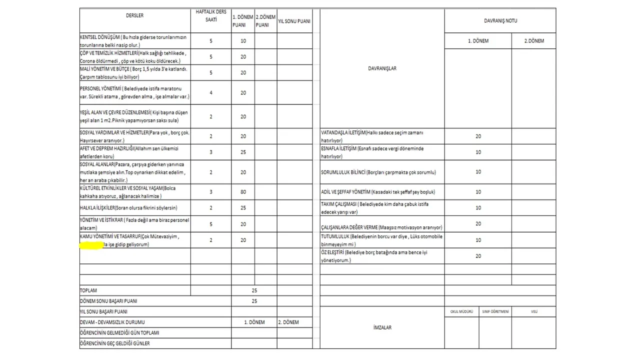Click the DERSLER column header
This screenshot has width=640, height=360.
pos(134,15)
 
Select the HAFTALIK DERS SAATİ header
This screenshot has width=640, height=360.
pos(211,15)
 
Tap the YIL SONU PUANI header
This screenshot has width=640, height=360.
pos(294,21)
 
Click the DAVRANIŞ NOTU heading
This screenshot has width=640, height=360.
pos(500,21)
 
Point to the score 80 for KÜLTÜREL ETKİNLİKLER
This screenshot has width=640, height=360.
pos(243,191)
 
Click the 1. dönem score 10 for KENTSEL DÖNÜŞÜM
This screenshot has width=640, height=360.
pos(243,41)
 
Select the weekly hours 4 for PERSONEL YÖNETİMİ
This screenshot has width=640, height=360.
pos(211,92)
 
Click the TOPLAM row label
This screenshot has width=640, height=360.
pos(88,290)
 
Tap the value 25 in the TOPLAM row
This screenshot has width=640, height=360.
pos(254,290)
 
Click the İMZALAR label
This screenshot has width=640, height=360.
pos(382,327)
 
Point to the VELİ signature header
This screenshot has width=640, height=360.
pos(534,311)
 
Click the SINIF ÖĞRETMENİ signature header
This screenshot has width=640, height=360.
pos(495,311)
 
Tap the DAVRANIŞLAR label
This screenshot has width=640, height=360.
pos(382,68)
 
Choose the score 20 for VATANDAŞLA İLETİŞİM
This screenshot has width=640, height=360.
pos(478,136)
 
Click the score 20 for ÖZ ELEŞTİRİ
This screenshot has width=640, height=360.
pos(478,256)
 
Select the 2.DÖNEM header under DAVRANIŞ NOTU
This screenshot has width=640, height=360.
pos(533,41)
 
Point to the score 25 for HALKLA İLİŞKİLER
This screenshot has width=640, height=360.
pos(243,207)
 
